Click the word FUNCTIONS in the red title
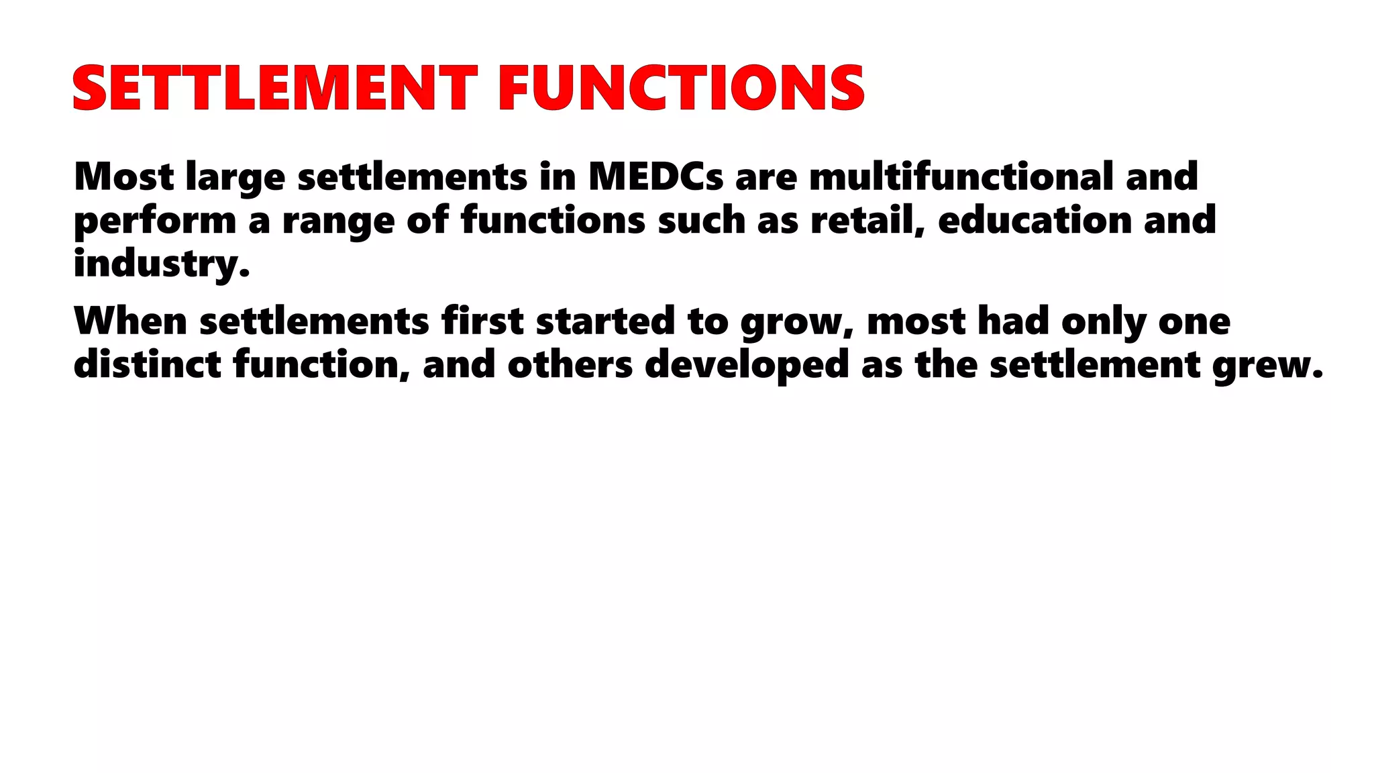(x=681, y=88)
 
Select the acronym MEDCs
(x=655, y=176)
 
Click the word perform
(x=154, y=221)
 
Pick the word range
(x=338, y=221)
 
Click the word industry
(x=161, y=264)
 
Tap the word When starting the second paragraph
(x=130, y=321)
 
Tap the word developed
(x=747, y=366)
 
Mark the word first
(x=482, y=321)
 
